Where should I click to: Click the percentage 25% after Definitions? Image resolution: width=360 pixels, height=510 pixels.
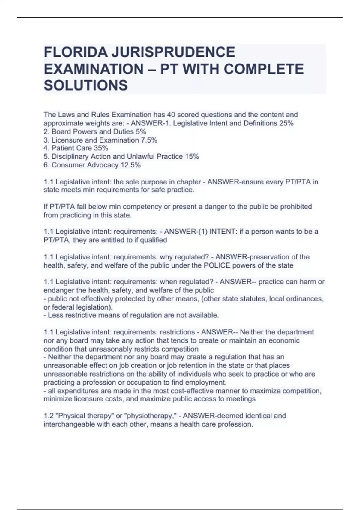click(286, 123)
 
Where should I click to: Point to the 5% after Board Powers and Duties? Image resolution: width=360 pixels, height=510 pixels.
click(141, 131)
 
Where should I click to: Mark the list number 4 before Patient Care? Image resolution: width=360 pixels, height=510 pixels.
click(46, 148)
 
